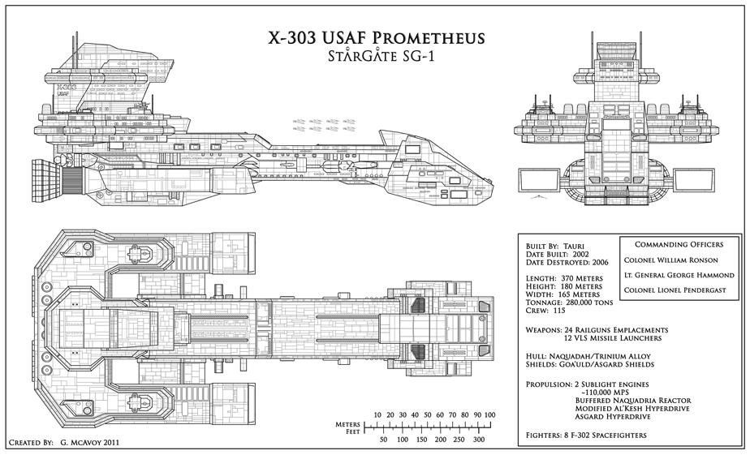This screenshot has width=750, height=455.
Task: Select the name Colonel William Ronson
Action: [671, 260]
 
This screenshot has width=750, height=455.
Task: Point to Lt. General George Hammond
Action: [679, 276]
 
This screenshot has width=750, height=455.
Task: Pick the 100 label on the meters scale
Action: [489, 415]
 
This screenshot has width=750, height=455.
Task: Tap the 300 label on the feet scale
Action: [478, 440]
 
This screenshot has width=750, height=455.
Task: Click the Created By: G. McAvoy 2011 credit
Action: [62, 444]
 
